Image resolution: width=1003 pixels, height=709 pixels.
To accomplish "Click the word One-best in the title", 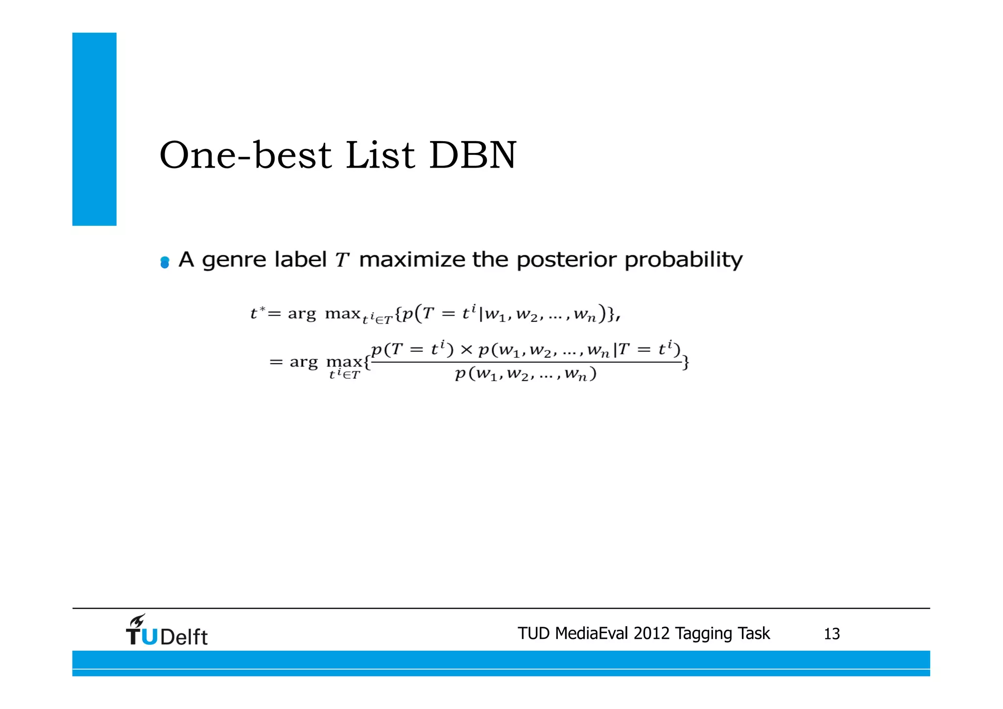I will (245, 155).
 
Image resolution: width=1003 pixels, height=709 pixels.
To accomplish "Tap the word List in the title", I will (381, 155).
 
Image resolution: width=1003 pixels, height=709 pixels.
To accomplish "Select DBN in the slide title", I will (473, 155).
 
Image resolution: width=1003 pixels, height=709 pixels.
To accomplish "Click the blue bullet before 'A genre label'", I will (165, 263).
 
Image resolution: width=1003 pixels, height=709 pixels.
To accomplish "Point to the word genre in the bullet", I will (239, 260).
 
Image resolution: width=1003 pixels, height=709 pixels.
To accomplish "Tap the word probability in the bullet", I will (684, 260).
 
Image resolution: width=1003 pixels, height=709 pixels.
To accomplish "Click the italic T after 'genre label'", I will (342, 260).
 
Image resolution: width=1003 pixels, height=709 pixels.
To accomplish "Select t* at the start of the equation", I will (258, 313).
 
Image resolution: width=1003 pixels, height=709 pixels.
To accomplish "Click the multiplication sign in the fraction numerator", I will (466, 350).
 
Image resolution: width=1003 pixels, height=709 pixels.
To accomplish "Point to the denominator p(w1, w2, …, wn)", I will (525, 374).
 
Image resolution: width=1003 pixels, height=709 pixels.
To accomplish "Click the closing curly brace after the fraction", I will (686, 363).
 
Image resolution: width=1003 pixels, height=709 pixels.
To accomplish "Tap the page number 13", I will (832, 634).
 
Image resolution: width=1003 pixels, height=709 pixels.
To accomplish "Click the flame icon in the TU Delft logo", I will (137, 621).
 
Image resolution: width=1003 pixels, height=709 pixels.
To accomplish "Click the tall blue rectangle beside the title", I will (95, 129).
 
